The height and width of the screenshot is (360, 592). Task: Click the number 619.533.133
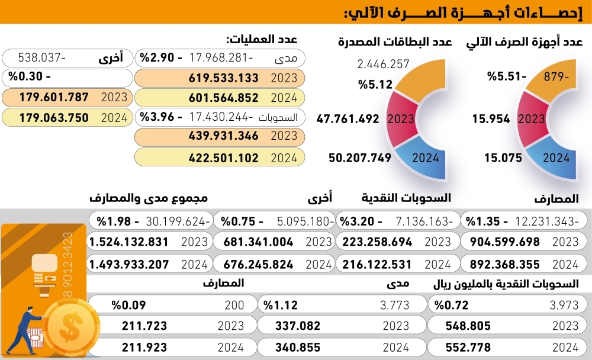click(224, 78)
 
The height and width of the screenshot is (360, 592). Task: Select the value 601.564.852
click(224, 98)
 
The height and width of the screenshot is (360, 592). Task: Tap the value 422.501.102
click(224, 157)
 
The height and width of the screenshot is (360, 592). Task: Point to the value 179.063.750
click(54, 117)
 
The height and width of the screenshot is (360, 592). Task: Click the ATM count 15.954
click(491, 118)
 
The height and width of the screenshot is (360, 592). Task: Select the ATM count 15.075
click(503, 157)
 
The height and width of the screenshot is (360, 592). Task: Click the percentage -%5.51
click(498, 76)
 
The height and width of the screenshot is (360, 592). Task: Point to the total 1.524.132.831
click(128, 242)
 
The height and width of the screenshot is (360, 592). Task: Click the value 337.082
click(298, 326)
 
